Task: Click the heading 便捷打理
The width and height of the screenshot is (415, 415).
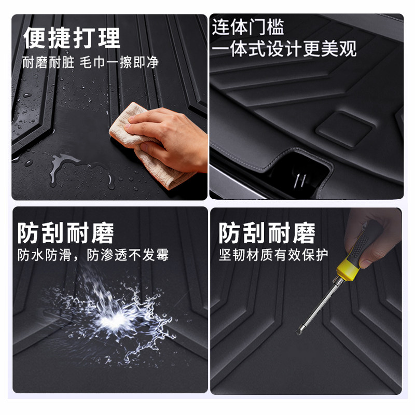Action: pyautogui.click(x=72, y=38)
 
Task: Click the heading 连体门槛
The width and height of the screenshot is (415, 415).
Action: pyautogui.click(x=248, y=27)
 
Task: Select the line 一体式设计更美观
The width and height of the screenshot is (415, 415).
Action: pyautogui.click(x=284, y=49)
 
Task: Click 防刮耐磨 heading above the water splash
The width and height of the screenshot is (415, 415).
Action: pyautogui.click(x=66, y=233)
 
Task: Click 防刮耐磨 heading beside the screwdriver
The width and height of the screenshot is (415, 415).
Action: pyautogui.click(x=267, y=233)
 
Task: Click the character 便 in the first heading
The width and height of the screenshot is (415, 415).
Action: pyautogui.click(x=35, y=38)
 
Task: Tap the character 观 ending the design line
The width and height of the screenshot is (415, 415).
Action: pyautogui.click(x=347, y=49)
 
